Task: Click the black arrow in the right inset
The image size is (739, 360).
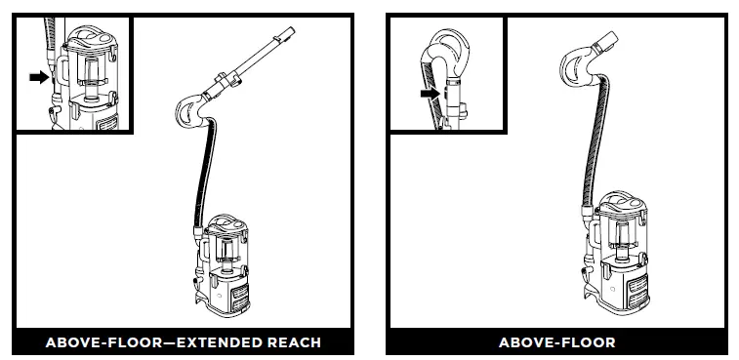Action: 426,94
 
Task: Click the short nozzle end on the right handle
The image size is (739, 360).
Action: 605,41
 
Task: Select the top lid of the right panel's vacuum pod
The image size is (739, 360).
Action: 622,202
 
